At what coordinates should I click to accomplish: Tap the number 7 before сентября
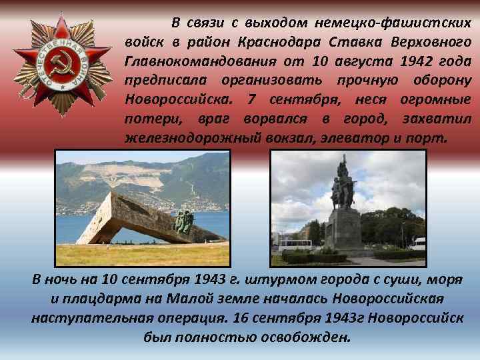tap(250, 100)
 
